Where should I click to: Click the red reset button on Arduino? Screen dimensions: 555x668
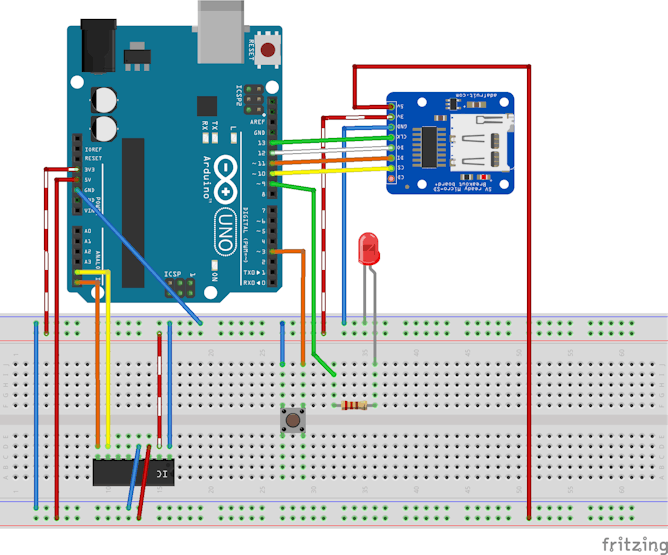268,49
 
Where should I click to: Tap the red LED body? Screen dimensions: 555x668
369,248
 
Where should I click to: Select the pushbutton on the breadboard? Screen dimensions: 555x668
294,420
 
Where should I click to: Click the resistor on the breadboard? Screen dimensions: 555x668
354,405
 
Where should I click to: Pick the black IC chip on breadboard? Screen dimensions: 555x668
134,470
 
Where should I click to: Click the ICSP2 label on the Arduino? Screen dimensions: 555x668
238,96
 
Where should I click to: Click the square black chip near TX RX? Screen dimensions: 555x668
207,106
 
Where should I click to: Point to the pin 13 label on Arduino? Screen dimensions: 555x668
261,143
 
